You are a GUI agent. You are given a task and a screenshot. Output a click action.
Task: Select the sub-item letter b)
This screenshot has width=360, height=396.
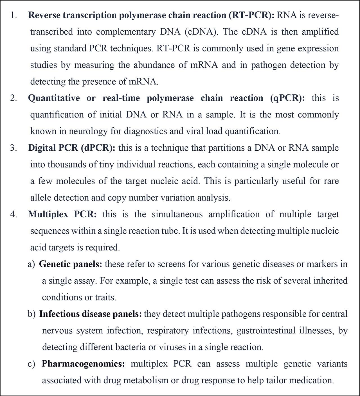[31, 314]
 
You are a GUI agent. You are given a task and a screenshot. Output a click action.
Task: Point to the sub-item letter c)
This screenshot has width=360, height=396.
[31, 364]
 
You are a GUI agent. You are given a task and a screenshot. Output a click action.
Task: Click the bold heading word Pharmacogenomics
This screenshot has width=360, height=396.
[83, 364]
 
